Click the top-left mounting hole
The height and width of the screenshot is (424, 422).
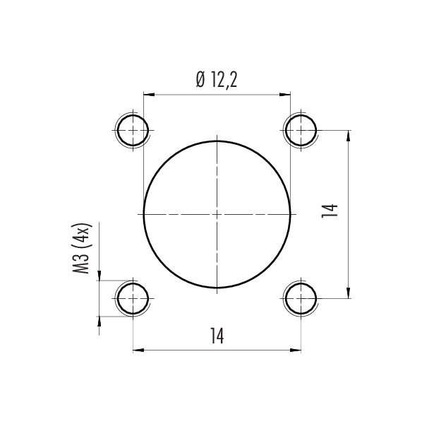coord(132,130)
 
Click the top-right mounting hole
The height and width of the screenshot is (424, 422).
coord(301,130)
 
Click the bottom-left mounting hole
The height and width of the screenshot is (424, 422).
coord(132,298)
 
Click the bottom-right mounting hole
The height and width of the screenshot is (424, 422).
coord(301,298)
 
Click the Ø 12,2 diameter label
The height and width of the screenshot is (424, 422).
coord(216,81)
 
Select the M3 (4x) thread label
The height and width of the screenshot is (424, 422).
coord(84,251)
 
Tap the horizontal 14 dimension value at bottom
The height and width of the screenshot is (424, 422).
coord(217,337)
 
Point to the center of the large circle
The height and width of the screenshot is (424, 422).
coord(217,213)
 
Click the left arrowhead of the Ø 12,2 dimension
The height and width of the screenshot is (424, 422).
coord(147,93)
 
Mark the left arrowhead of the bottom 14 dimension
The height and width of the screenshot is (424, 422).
coord(137,349)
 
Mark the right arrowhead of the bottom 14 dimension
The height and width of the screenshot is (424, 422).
coord(297,349)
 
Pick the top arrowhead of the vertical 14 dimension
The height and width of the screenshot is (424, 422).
coord(349,135)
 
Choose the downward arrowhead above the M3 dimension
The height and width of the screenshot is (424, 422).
coord(100,276)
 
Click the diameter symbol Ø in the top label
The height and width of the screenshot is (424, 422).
coord(200,81)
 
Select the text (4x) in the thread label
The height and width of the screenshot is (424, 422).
coord(84,237)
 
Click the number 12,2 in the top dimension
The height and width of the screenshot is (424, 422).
coord(223,81)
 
